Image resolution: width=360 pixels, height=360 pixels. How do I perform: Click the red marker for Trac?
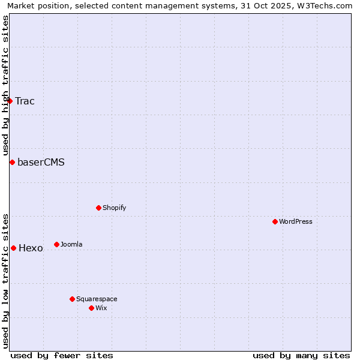point(10,101)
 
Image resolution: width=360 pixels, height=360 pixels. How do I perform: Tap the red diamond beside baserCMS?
point(12,162)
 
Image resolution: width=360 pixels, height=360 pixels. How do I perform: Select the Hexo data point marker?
point(13,248)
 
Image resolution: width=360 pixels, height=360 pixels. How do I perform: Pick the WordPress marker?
point(275,221)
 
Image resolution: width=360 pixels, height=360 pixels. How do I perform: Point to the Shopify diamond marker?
point(98,208)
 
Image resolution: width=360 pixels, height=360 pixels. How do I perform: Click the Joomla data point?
point(56,244)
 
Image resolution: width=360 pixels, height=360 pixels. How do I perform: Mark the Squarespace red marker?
point(72,299)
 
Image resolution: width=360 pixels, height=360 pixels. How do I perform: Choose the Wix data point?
point(91,308)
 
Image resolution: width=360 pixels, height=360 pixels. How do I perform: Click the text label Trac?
point(25,101)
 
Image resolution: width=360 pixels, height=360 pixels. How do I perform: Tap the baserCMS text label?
point(41,162)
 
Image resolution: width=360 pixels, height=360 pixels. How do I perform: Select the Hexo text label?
point(31,248)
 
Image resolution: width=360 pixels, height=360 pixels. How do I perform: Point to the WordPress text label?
point(296,221)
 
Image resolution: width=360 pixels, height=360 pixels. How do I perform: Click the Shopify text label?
point(114,208)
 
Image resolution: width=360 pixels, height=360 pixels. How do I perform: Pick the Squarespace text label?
point(97,299)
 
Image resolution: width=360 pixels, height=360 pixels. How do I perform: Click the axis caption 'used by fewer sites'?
point(62,355)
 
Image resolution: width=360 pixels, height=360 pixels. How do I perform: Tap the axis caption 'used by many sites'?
point(301,355)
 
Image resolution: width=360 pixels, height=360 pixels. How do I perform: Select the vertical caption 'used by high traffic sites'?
point(5,86)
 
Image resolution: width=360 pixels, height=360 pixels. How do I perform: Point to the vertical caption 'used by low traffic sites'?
point(5,281)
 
